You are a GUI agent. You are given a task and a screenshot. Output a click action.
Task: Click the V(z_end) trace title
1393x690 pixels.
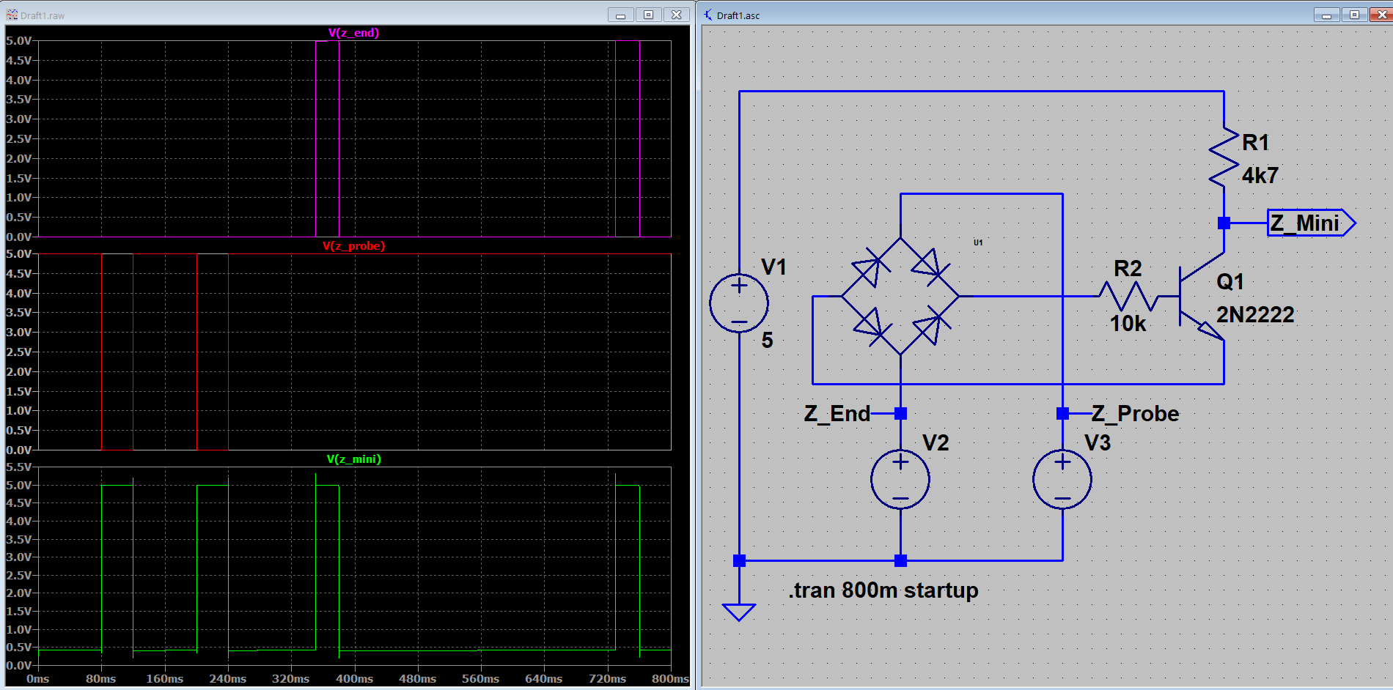(x=353, y=33)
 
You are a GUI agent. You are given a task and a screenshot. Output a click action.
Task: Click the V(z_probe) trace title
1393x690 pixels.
(x=353, y=246)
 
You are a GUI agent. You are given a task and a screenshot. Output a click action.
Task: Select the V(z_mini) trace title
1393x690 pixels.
(x=353, y=459)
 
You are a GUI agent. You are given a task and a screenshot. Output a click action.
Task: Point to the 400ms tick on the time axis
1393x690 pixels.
(x=355, y=679)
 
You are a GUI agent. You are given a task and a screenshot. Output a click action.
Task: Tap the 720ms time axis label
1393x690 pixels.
(x=607, y=679)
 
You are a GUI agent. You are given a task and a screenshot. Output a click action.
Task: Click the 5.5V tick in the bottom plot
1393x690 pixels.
(x=19, y=467)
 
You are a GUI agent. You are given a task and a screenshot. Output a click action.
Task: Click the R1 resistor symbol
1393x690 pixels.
(x=1224, y=157)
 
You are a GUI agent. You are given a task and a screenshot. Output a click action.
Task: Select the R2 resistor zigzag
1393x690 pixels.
(x=1128, y=296)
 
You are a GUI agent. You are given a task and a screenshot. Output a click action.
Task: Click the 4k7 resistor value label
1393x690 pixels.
(x=1260, y=176)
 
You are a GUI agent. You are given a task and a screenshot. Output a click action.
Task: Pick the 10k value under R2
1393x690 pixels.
(x=1127, y=324)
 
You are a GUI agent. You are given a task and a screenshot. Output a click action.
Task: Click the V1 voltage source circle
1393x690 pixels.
(x=739, y=303)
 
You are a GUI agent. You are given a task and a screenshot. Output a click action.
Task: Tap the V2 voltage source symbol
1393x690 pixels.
(x=900, y=480)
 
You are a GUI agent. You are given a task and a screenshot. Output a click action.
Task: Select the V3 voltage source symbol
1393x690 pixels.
(x=1062, y=480)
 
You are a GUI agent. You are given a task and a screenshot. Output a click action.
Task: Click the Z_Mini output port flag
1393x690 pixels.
(x=1312, y=223)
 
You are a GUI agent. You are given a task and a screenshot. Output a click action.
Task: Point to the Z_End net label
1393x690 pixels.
(x=837, y=414)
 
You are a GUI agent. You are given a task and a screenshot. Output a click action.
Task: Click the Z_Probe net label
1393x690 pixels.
(x=1135, y=414)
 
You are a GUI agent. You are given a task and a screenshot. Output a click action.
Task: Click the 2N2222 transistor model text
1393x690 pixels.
(x=1255, y=315)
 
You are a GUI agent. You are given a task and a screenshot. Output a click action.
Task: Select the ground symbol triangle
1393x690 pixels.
(x=739, y=612)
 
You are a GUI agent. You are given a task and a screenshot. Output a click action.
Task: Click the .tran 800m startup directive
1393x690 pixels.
(x=883, y=590)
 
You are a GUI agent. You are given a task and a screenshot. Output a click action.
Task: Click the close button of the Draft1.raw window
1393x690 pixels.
(x=676, y=15)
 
